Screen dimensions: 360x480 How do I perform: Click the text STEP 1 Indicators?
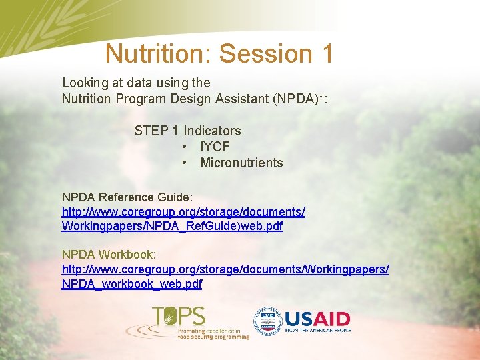click(x=187, y=131)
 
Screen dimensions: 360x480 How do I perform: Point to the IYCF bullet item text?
click(x=215, y=147)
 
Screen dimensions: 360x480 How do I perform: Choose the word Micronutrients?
click(x=241, y=163)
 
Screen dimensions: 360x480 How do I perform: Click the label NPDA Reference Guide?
click(x=127, y=197)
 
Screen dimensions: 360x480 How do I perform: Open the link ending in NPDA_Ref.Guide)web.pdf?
click(x=172, y=226)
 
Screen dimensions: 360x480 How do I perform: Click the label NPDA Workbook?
click(x=109, y=255)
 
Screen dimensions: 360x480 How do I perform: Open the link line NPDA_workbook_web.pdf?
click(x=132, y=284)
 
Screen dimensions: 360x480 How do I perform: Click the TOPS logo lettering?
click(x=178, y=316)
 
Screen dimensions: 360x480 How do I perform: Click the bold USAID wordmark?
click(x=317, y=319)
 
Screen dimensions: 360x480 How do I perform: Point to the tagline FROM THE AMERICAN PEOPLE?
click(x=317, y=331)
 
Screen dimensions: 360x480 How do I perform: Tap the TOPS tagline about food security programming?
click(x=213, y=334)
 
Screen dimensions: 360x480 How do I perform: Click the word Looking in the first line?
click(x=85, y=83)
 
